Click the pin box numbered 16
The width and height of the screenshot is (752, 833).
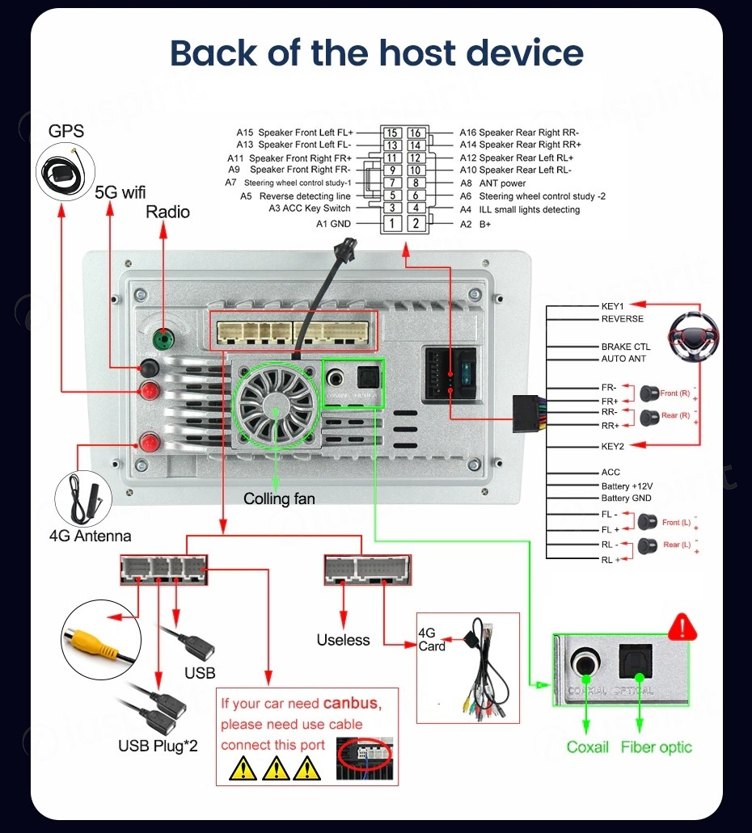tap(415, 133)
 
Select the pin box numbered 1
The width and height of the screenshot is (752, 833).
tap(392, 223)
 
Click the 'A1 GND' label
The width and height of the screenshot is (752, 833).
tap(333, 224)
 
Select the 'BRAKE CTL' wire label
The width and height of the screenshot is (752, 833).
tap(625, 347)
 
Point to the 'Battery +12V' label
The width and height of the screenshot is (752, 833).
tap(627, 486)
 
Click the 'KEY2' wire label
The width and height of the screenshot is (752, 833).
tap(612, 446)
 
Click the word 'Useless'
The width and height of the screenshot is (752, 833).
tap(343, 640)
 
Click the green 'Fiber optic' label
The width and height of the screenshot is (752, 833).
tap(657, 747)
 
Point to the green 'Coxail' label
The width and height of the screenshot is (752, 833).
tap(588, 747)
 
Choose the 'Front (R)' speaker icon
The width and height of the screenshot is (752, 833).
tap(648, 393)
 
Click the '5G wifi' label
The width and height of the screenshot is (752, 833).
tap(120, 192)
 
